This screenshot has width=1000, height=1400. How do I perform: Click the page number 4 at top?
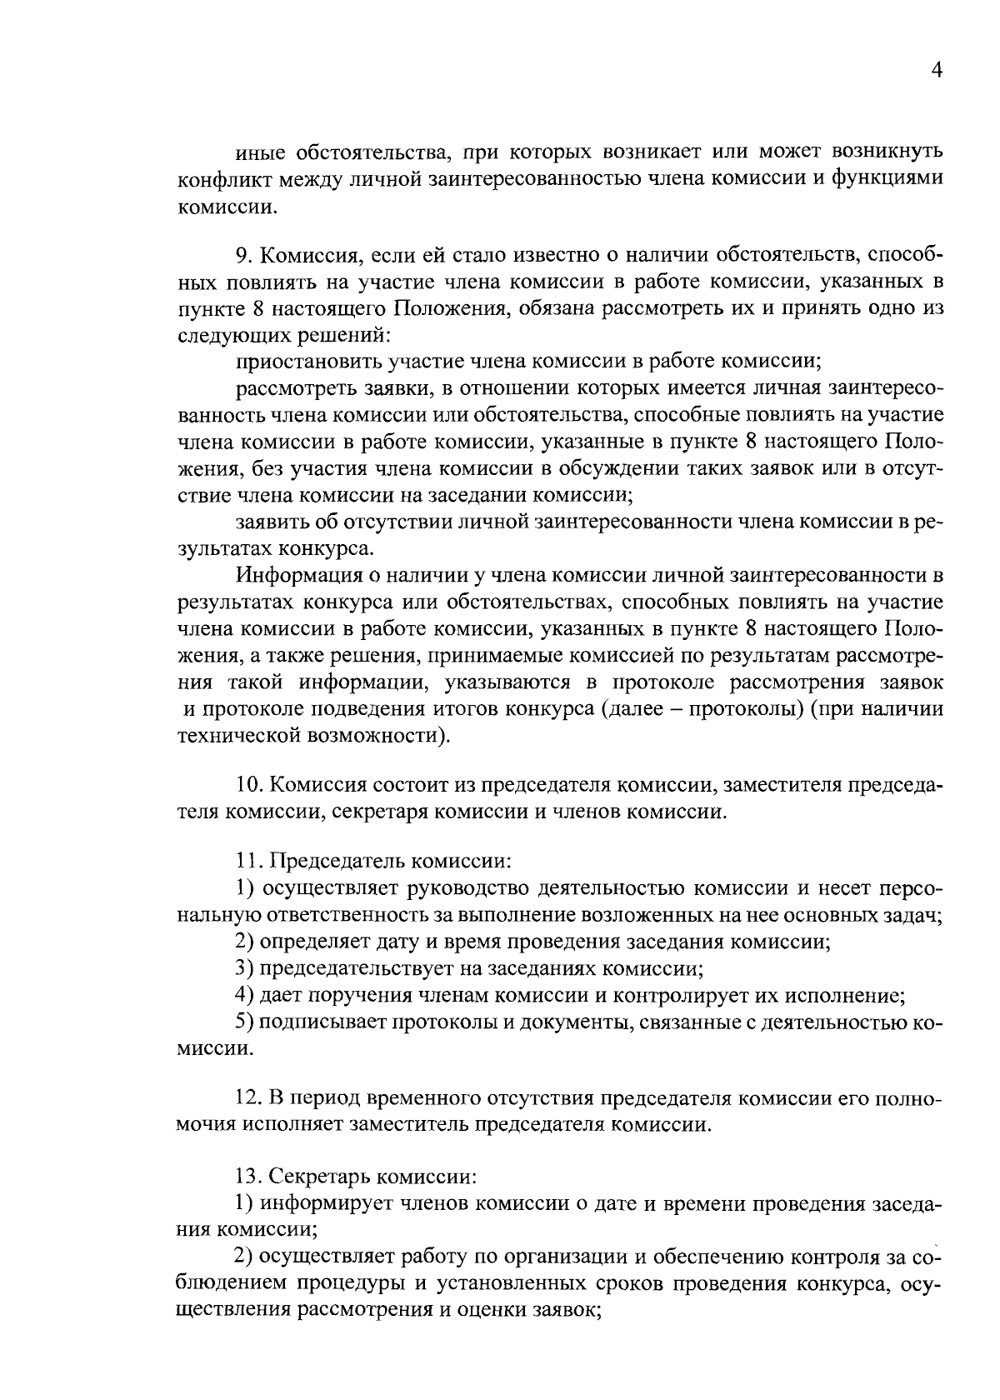point(935,72)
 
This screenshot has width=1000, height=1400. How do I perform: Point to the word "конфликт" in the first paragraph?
point(219,180)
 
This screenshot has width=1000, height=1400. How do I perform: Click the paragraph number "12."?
point(249,1098)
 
